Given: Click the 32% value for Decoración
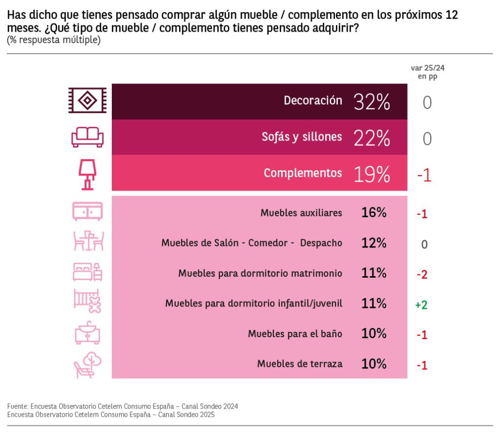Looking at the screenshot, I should coord(372,102).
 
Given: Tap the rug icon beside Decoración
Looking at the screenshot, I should coord(87,101).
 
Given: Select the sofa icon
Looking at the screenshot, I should coord(87,137).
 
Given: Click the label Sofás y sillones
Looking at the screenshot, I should coord(302,137).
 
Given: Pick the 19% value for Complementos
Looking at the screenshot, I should coord(372,174).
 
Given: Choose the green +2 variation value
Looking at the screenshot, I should coord(421,305).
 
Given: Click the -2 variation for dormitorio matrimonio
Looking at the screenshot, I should coord(422,274).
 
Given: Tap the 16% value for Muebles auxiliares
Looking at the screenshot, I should coord(374,213).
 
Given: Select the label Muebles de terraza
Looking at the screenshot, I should coord(299,364).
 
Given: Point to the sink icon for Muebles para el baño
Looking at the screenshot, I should coord(88,334).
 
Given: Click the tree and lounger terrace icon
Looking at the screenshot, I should coord(87,365).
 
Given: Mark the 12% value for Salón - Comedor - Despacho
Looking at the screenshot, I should coord(374,243).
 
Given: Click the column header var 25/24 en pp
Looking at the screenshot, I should coord(427,72).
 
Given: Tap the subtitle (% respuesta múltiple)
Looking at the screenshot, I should coord(54,40).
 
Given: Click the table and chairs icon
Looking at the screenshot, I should coord(88,241).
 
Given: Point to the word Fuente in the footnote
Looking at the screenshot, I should coord(17,406).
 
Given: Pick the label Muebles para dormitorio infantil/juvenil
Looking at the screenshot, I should coord(253,304).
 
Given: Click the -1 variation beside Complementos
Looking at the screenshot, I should coord(424,175).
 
